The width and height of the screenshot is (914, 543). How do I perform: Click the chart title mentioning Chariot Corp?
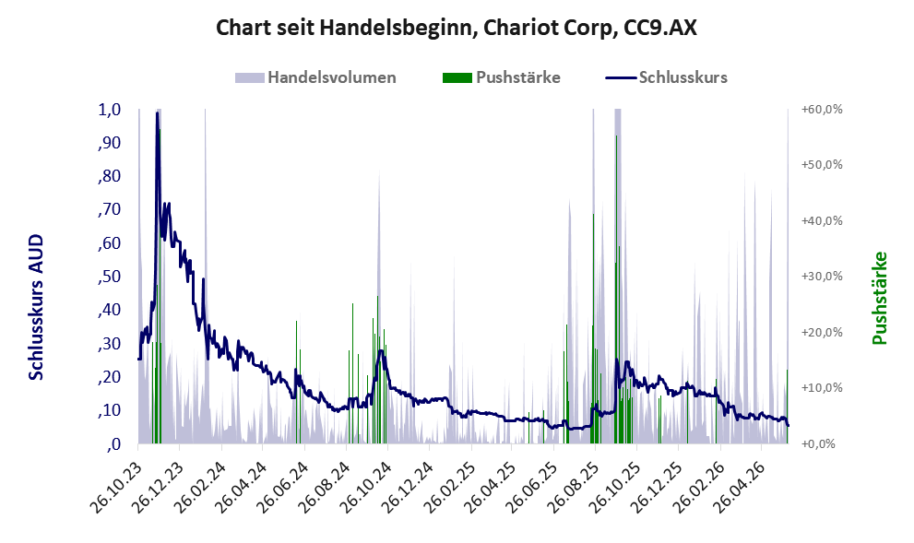[x=457, y=28]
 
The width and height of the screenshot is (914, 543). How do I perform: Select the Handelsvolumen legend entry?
[x=315, y=77]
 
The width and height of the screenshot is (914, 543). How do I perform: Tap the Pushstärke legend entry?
[x=502, y=77]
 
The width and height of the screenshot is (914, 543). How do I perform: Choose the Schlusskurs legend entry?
[x=666, y=77]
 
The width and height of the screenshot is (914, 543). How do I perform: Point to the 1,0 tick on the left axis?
[x=110, y=110]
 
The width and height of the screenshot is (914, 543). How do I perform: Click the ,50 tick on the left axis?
[x=110, y=277]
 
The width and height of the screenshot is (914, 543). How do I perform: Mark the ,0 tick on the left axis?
[x=113, y=444]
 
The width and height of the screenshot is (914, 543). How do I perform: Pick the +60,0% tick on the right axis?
[x=822, y=109]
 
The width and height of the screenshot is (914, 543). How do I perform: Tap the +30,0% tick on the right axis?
[x=822, y=277]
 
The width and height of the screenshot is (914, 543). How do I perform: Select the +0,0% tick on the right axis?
[x=822, y=444]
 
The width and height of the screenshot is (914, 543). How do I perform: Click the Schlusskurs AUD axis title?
[x=36, y=307]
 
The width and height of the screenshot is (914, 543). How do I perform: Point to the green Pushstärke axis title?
[x=880, y=298]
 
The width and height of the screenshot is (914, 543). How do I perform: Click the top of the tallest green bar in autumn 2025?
[x=616, y=136]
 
